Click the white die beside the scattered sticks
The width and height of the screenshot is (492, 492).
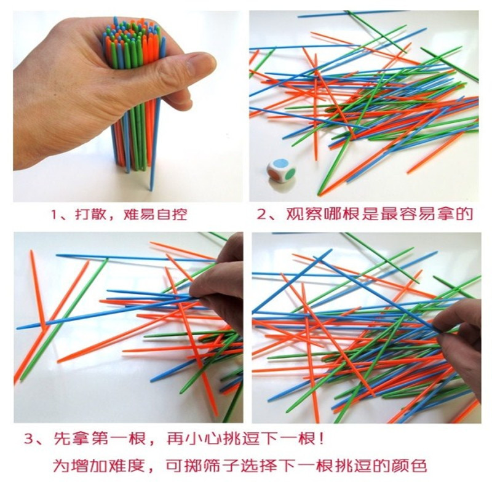coord(280,172)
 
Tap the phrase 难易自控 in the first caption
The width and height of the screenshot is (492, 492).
coord(157,215)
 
